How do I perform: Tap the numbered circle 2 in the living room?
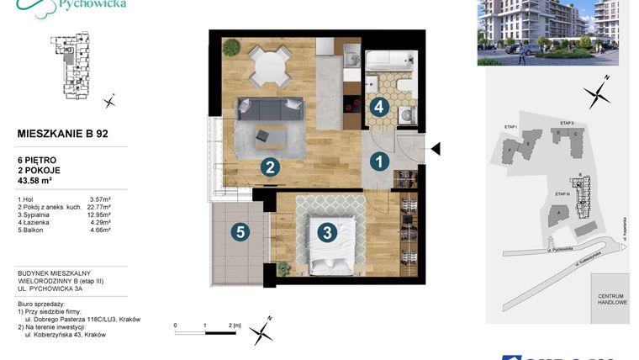(x=269, y=167)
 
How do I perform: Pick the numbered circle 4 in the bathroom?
(x=379, y=107)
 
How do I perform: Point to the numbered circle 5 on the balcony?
(x=240, y=232)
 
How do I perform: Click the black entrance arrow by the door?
(x=436, y=149)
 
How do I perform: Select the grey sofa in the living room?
(x=269, y=109)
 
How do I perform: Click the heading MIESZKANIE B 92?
(x=62, y=133)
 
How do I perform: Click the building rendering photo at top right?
(x=547, y=33)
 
